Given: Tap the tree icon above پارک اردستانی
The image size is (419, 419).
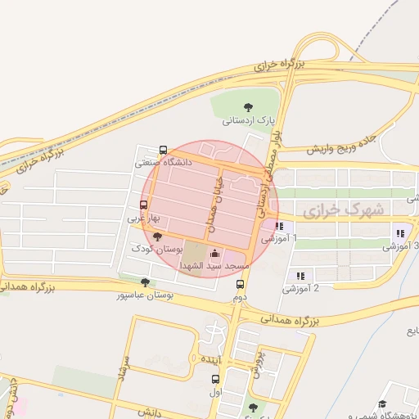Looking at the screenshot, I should click(x=249, y=106).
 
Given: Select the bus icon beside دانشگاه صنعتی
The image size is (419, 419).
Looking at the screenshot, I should click(x=163, y=151).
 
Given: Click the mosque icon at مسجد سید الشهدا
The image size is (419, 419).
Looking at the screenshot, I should click(x=214, y=252).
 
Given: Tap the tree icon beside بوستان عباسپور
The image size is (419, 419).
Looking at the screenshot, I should click(x=145, y=282).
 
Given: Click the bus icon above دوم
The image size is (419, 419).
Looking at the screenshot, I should click(x=240, y=285).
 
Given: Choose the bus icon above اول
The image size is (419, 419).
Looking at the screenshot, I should click(x=215, y=379).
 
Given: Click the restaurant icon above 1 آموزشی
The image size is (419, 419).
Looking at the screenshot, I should click(x=279, y=227).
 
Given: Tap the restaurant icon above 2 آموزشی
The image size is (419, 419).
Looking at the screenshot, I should click(x=300, y=276).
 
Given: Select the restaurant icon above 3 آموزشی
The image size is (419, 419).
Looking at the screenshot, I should click(x=399, y=232).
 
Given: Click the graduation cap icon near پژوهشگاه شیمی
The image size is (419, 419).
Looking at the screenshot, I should click(x=382, y=405).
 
